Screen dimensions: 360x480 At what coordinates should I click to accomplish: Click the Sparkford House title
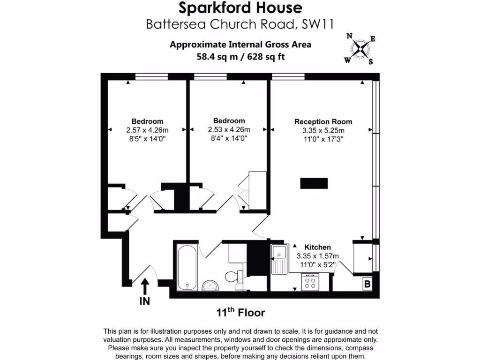point(240,8)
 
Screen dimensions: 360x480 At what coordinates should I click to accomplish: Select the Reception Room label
point(323,121)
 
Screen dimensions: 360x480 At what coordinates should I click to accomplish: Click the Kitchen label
point(318,247)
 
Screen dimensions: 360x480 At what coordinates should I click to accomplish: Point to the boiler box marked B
point(367,284)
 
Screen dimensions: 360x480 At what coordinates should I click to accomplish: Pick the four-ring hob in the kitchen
point(310,282)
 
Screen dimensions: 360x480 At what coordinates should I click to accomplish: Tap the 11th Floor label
point(240,312)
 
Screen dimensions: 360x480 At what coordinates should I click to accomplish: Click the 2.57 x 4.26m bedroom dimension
point(147,130)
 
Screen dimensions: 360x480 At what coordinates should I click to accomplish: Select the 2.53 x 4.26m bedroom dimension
point(229,129)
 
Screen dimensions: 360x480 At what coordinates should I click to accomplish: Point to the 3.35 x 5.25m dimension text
point(323,130)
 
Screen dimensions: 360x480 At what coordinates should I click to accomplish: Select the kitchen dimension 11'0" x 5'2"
point(318,265)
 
